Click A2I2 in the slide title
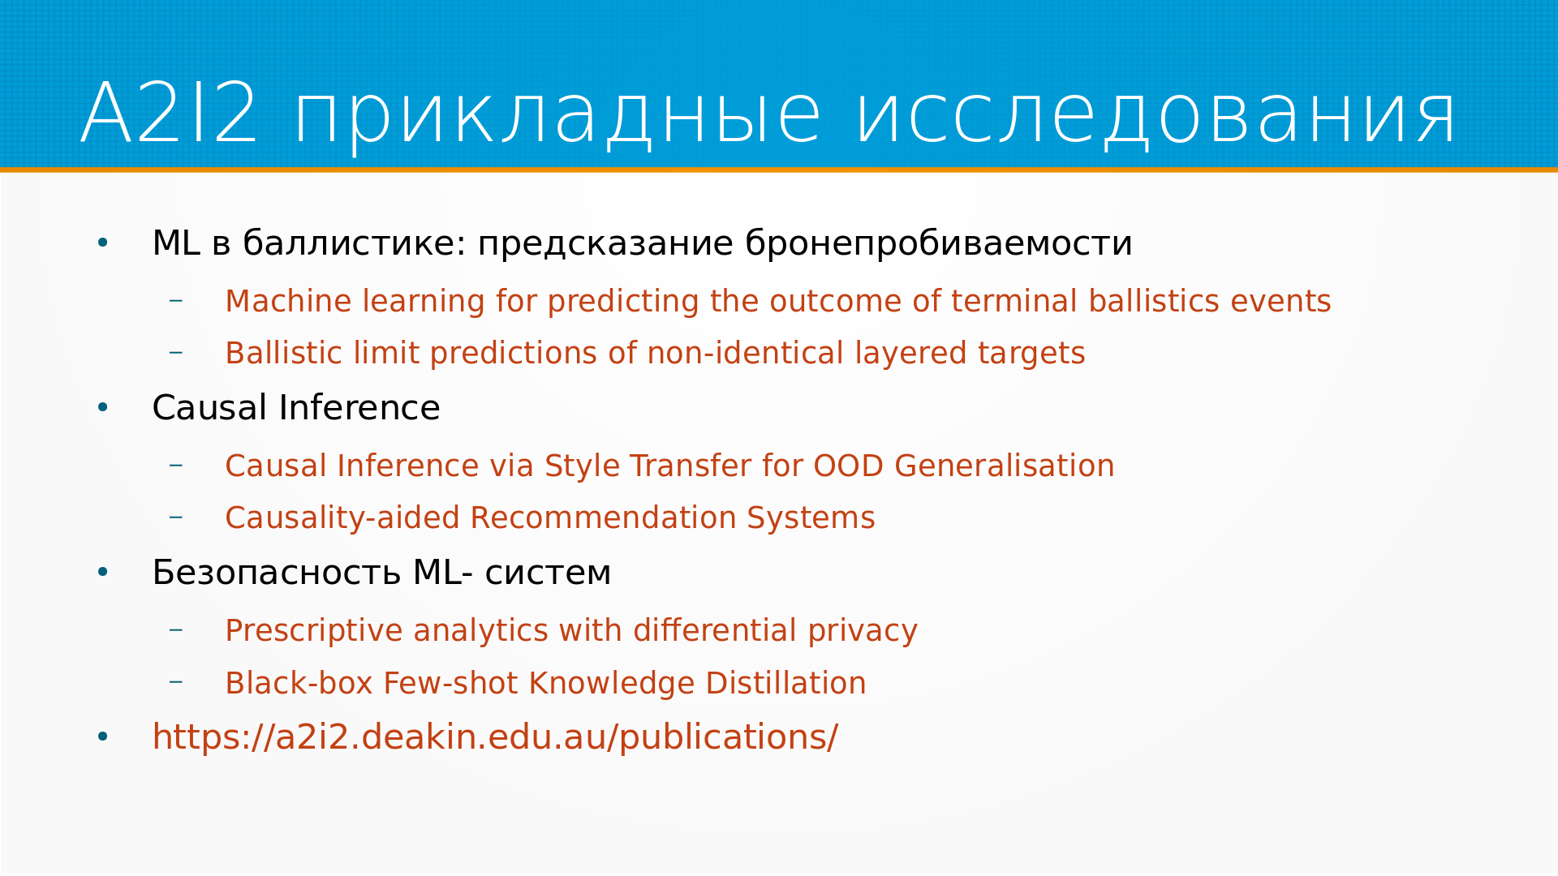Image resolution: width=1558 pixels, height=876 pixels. pyautogui.click(x=170, y=114)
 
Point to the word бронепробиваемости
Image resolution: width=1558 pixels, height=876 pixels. pyautogui.click(x=938, y=244)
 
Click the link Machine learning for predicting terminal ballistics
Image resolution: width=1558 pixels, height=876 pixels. pyautogui.click(x=777, y=301)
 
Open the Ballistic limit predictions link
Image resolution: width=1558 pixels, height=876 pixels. pyautogui.click(x=655, y=354)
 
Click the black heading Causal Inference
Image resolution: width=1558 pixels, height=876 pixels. pyautogui.click(x=296, y=407)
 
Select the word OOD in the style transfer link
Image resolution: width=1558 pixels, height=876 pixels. pyautogui.click(x=848, y=466)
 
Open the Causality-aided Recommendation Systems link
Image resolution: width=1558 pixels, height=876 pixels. pyautogui.click(x=549, y=518)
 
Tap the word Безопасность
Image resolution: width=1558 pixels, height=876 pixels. pyautogui.click(x=276, y=573)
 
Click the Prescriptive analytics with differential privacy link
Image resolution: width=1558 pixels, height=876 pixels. pyautogui.click(x=570, y=631)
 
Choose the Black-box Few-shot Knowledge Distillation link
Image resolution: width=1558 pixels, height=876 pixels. pyautogui.click(x=545, y=683)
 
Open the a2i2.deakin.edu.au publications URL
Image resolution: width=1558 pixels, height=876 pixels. pyautogui.click(x=495, y=737)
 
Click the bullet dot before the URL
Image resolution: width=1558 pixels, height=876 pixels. pyautogui.click(x=102, y=737)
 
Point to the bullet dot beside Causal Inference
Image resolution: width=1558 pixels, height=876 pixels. pyautogui.click(x=102, y=407)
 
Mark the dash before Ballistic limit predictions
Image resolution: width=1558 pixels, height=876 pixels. pyautogui.click(x=176, y=353)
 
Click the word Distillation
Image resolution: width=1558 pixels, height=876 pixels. pyautogui.click(x=785, y=683)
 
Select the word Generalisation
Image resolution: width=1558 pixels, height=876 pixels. pyautogui.click(x=1004, y=466)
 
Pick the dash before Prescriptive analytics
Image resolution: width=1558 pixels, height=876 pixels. pyautogui.click(x=176, y=630)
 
